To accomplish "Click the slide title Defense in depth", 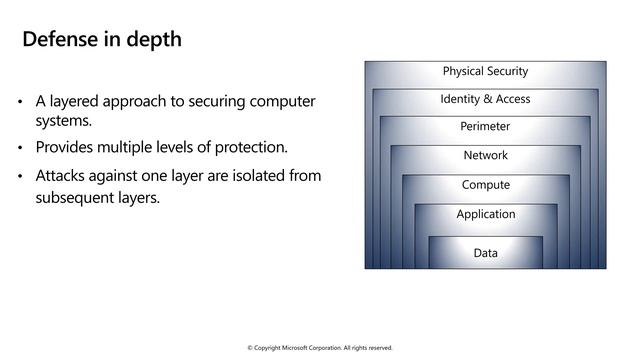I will (102, 40).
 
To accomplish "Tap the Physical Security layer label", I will (485, 71).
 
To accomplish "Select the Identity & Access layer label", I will (485, 99).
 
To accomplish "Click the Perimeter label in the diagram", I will (485, 127).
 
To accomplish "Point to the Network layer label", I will (485, 155).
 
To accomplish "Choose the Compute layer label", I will (485, 185).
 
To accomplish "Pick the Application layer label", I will (485, 214).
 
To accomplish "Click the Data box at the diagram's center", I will (485, 253).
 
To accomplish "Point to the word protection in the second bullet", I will (250, 148).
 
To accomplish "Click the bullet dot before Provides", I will (21, 149).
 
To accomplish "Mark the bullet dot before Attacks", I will (21, 177).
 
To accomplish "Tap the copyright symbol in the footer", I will (250, 348).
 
